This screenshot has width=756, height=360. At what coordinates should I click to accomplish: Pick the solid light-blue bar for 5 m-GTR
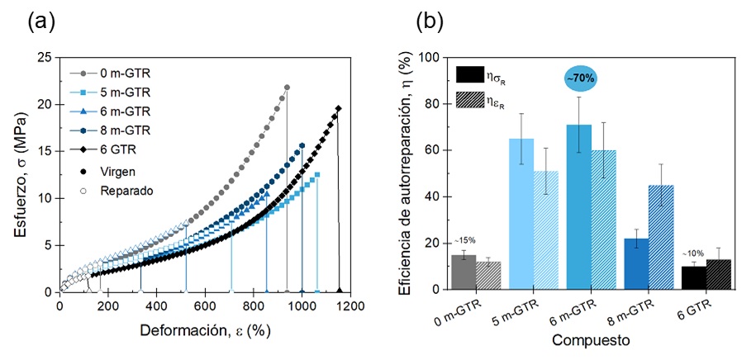click(521, 214)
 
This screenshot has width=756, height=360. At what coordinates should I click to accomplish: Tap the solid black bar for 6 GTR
click(693, 277)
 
